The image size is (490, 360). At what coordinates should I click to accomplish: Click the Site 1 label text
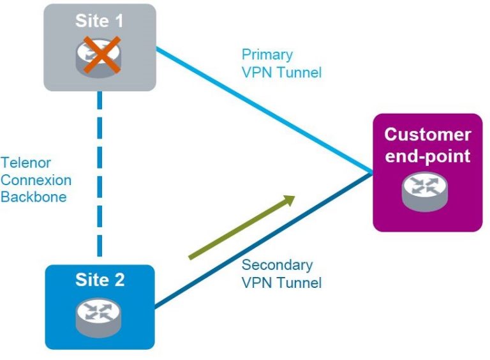point(100,20)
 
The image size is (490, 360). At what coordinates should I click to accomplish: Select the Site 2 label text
point(100,280)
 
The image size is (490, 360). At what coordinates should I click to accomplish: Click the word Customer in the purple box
point(427,135)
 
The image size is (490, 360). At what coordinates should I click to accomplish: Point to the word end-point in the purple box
point(427,156)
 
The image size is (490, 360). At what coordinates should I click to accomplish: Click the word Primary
point(267,54)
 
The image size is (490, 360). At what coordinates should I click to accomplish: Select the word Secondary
point(277,265)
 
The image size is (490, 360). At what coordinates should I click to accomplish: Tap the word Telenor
point(26,163)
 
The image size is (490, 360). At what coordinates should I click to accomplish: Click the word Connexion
point(36,180)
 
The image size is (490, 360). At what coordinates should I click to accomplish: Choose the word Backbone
point(33,197)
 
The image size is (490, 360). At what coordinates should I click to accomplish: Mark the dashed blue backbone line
point(100,179)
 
